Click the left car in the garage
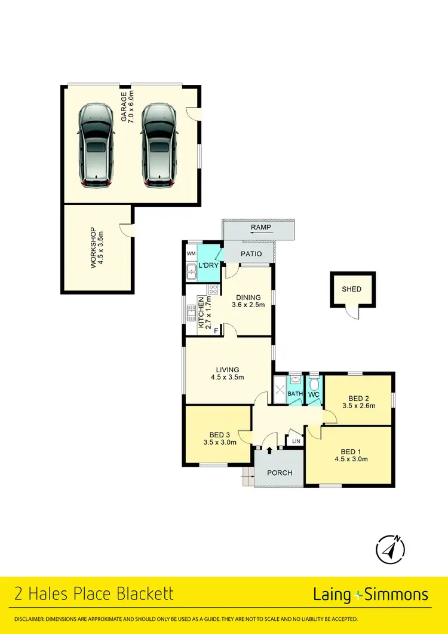[x=96, y=146]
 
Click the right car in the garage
[x=159, y=146]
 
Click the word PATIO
[x=251, y=254]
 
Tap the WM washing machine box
[x=191, y=254]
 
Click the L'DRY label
[x=207, y=265]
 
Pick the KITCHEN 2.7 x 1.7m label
[x=205, y=313]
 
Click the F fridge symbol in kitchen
[x=216, y=330]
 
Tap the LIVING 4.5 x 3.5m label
[x=228, y=373]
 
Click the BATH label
[x=296, y=394]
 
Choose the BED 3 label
[x=219, y=439]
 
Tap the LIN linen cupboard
[x=296, y=441]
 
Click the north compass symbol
[x=391, y=548]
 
